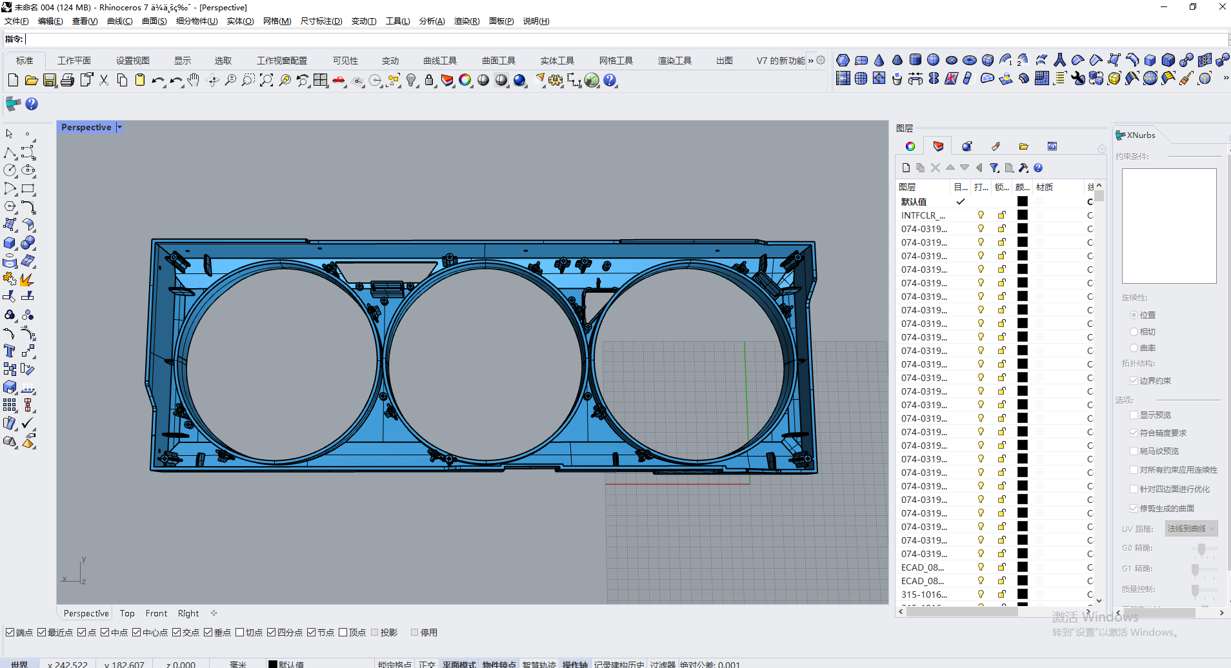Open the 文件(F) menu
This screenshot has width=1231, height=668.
click(x=16, y=21)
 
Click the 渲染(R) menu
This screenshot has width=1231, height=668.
click(x=466, y=21)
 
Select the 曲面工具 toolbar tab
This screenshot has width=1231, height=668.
click(x=498, y=61)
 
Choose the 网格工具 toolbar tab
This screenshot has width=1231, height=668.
click(x=615, y=61)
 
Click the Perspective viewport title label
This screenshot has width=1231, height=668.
click(x=86, y=128)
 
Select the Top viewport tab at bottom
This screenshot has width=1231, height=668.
click(x=127, y=613)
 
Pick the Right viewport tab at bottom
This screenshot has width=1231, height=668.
click(x=188, y=613)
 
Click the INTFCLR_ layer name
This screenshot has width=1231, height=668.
click(x=923, y=215)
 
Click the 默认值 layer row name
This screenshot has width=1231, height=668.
click(x=914, y=202)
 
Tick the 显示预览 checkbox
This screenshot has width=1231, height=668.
click(x=1134, y=415)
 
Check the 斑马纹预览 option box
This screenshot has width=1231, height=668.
click(x=1134, y=451)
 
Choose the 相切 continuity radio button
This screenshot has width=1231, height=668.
click(x=1134, y=331)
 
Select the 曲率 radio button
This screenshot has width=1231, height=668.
click(x=1134, y=348)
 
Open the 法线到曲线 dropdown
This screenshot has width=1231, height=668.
click(x=1191, y=529)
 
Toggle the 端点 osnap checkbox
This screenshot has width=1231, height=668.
click(x=10, y=633)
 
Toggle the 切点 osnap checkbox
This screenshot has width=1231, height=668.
click(x=240, y=633)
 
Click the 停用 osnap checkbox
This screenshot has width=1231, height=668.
click(x=415, y=633)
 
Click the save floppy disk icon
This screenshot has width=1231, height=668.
click(x=50, y=81)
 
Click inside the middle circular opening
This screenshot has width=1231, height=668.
click(x=485, y=364)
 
